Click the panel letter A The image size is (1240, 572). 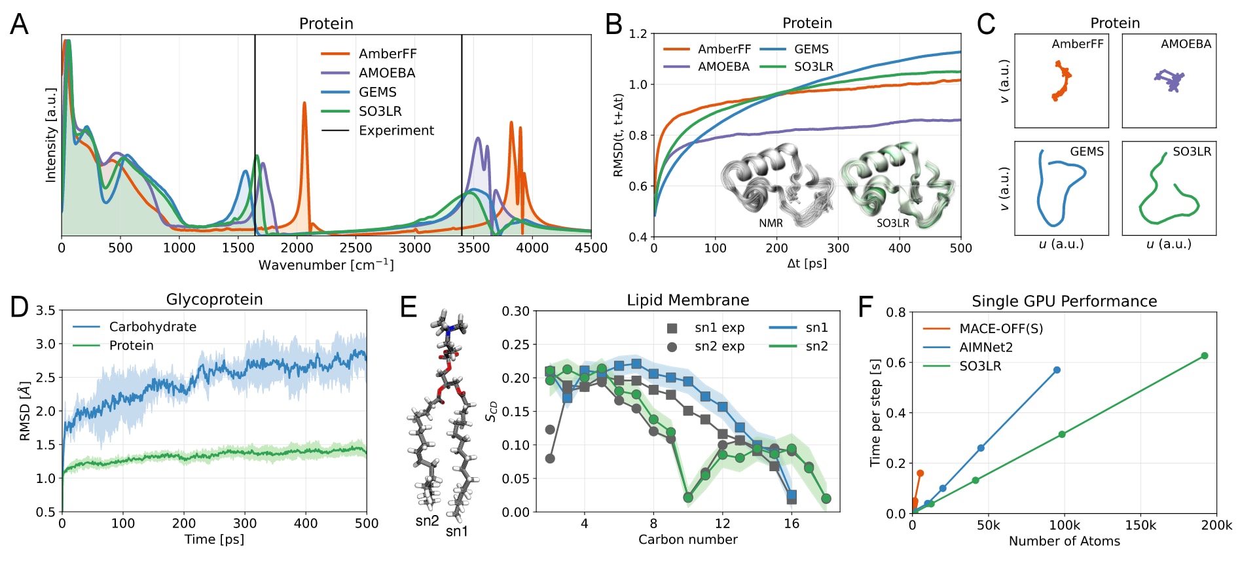19,24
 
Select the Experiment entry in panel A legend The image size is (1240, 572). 395,130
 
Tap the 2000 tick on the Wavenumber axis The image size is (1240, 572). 297,248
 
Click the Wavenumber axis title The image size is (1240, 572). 326,265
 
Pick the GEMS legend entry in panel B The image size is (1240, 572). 811,49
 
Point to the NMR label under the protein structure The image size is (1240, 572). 771,223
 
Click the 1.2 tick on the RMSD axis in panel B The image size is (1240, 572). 638,33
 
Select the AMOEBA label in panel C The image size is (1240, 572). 1186,44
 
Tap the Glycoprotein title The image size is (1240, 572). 214,299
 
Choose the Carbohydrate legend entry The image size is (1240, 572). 152,327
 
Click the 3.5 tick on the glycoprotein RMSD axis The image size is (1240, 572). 46,310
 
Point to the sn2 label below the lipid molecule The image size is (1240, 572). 427,521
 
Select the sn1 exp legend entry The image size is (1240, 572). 719,328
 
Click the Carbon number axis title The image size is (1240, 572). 687,539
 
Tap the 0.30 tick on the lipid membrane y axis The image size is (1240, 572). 515,311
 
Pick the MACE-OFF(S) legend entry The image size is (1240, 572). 1000,329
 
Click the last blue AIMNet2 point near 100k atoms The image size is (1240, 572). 1057,370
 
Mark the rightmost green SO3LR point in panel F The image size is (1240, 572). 1204,356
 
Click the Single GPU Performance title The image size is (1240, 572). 1064,301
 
